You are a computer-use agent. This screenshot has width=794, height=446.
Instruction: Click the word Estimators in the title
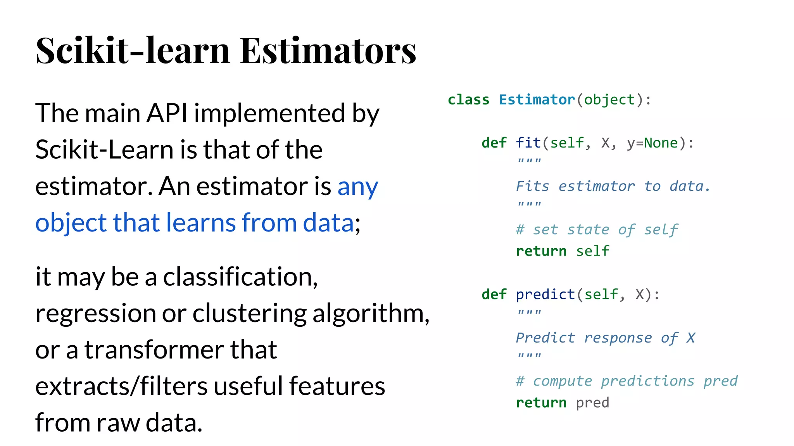pyautogui.click(x=328, y=50)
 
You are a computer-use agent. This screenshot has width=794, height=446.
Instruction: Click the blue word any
pyautogui.click(x=357, y=187)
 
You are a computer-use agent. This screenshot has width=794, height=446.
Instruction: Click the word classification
pyautogui.click(x=240, y=277)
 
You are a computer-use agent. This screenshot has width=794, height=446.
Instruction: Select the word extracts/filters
pyautogui.click(x=121, y=386)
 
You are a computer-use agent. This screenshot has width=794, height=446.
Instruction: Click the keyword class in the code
pyautogui.click(x=468, y=100)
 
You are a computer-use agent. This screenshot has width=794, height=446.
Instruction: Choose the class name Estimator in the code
pyautogui.click(x=537, y=100)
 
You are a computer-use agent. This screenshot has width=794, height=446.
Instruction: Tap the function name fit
pyautogui.click(x=528, y=143)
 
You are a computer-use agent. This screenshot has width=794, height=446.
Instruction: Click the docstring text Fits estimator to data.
pyautogui.click(x=613, y=186)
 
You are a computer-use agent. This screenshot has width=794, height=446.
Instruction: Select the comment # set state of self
pyautogui.click(x=597, y=230)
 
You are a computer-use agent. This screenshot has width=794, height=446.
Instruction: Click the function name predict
pyautogui.click(x=545, y=295)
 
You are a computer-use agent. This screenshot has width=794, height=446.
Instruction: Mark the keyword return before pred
pyautogui.click(x=541, y=403)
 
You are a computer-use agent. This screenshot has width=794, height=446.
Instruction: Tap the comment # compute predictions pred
pyautogui.click(x=627, y=381)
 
